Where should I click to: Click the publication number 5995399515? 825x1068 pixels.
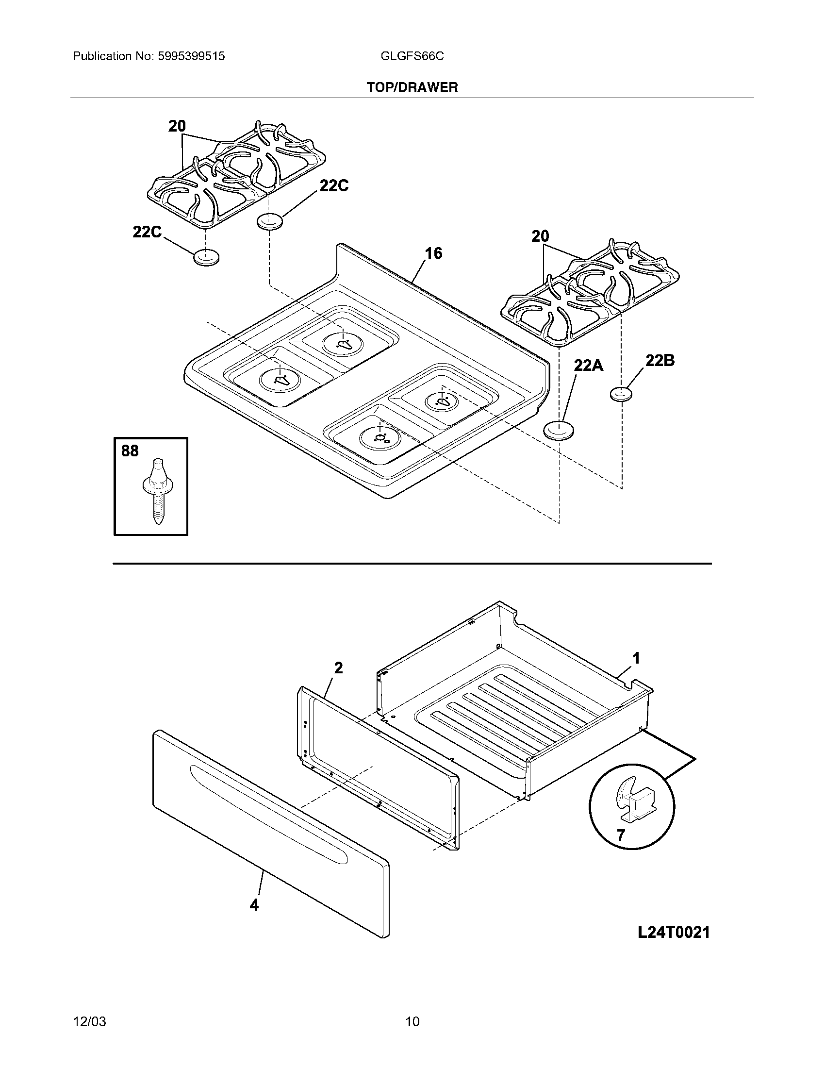pos(191,56)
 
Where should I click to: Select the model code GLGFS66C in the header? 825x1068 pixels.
pos(412,56)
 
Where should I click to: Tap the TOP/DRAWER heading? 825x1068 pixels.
pos(412,87)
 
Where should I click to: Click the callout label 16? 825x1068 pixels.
pos(433,253)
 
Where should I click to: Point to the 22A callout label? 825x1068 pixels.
pos(588,365)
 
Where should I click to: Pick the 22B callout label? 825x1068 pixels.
pos(660,360)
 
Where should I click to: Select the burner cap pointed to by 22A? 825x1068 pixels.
pos(559,430)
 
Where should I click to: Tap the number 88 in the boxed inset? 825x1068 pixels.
pos(130,451)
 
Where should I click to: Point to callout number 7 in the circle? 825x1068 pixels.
pos(621,835)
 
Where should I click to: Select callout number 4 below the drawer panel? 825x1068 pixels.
pos(254,906)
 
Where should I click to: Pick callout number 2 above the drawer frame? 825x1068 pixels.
pos(338,668)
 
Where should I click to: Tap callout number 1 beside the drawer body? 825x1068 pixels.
pos(636,659)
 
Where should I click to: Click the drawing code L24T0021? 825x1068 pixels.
pos(674,933)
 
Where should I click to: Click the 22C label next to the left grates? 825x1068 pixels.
pos(147,232)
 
